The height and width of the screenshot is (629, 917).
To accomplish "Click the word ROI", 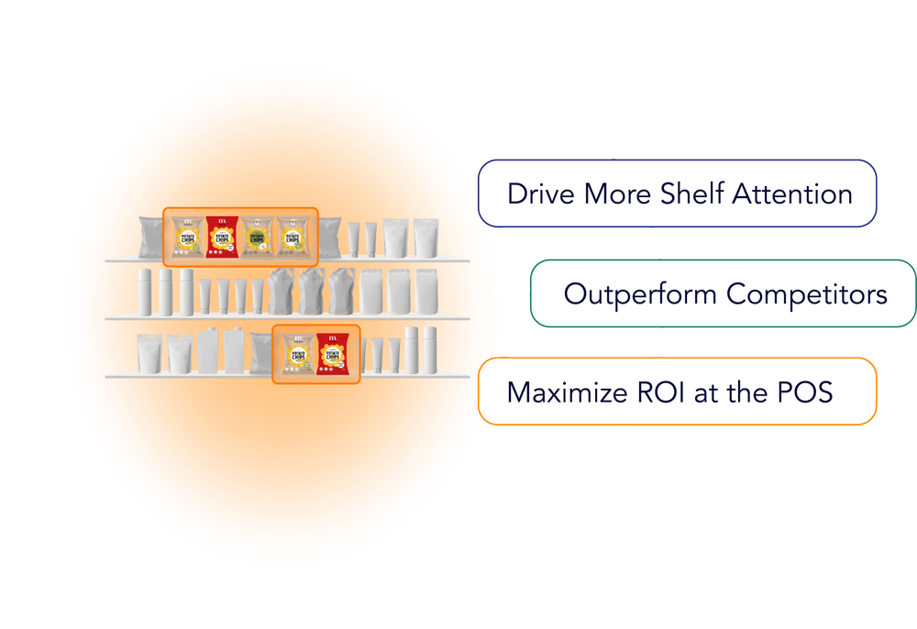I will tap(657, 392).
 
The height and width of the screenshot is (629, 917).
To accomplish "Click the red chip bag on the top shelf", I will tap(220, 237).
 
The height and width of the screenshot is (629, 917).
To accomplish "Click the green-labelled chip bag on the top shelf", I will tap(293, 237).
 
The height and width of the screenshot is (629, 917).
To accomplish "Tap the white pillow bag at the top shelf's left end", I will tap(149, 237).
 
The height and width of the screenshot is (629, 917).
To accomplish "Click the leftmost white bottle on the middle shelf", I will tap(143, 291).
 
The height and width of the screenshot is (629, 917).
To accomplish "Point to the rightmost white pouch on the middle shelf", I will tap(424, 291).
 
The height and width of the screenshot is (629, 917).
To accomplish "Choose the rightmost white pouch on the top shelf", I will tap(424, 237).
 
